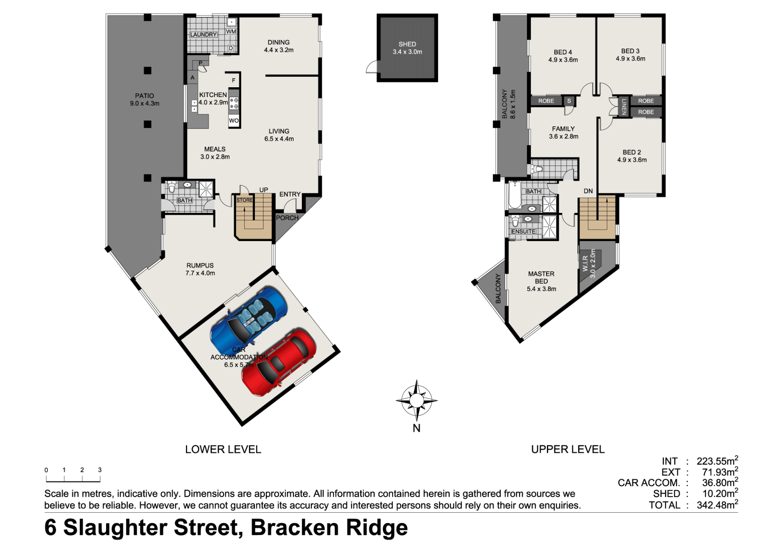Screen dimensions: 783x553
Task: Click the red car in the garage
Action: (x=279, y=363)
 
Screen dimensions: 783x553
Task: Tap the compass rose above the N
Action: (x=416, y=400)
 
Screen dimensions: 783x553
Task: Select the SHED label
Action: (x=407, y=44)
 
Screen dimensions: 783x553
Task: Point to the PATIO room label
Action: (x=145, y=96)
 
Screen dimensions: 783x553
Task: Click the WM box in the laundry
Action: (x=231, y=31)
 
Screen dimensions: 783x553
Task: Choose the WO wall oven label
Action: (x=234, y=120)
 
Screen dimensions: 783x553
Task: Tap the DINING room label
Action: (x=279, y=42)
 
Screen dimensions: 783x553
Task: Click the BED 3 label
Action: (x=630, y=51)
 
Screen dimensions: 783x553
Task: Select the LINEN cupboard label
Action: (x=624, y=106)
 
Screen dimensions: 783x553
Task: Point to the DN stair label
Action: (x=588, y=191)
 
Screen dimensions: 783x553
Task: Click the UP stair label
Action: (x=264, y=190)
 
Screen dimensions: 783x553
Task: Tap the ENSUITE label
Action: (x=524, y=231)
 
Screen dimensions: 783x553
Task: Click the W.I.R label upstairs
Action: (x=585, y=263)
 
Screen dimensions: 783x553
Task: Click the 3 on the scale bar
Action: (x=100, y=470)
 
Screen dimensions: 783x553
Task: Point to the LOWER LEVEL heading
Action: (x=223, y=449)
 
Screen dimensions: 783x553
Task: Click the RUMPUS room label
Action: (x=200, y=265)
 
